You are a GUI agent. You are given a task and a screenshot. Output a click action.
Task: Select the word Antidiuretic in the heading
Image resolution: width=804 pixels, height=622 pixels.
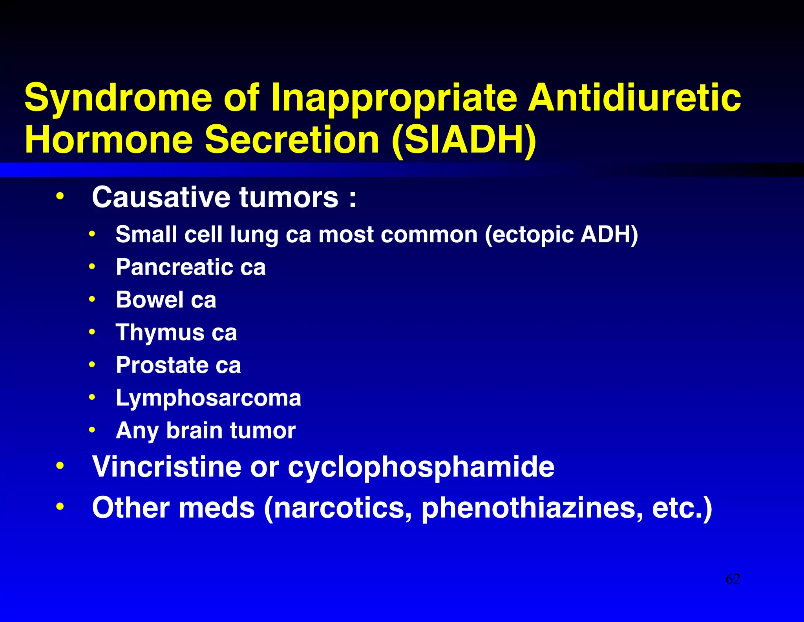tap(634, 97)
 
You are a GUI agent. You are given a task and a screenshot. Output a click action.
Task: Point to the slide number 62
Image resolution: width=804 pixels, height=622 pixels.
tap(733, 579)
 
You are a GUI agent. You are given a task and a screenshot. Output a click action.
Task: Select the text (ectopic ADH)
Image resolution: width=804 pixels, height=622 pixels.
tap(561, 235)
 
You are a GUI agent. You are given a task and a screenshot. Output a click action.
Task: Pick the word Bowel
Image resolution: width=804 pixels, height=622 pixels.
tap(150, 300)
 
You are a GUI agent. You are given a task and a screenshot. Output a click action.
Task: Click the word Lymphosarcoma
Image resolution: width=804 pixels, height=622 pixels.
tap(208, 398)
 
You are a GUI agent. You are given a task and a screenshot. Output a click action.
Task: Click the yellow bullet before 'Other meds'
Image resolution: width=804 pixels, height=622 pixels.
tap(60, 507)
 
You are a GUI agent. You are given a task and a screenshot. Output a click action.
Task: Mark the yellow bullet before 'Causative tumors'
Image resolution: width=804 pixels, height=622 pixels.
tap(60, 196)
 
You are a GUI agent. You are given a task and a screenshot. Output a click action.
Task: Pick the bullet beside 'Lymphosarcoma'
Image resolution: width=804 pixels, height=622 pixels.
tap(92, 398)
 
